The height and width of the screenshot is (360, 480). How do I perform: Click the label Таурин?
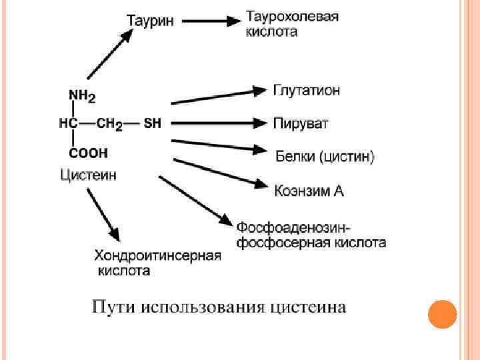click(151, 21)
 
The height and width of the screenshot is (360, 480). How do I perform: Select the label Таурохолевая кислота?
click(292, 23)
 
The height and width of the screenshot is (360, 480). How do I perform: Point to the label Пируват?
click(301, 124)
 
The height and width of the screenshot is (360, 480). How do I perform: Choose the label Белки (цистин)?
click(325, 157)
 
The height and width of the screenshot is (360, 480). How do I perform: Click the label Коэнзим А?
click(309, 191)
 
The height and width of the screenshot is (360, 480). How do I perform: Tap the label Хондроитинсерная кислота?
click(157, 263)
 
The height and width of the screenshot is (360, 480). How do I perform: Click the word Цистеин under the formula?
click(89, 175)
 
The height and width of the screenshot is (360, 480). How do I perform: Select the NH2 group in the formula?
click(82, 97)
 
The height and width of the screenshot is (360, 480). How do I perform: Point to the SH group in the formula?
click(153, 123)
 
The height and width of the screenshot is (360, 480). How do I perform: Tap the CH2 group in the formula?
click(109, 124)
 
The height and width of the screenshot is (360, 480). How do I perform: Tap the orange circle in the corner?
click(441, 314)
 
